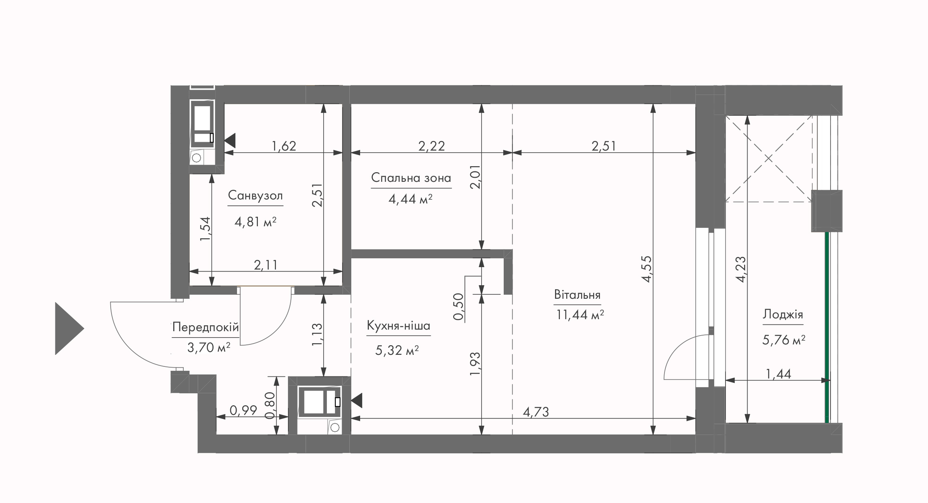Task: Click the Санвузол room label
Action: pos(255,196)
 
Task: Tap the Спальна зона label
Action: pos(411,178)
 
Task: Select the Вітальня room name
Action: pos(577,295)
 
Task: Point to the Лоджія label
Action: pos(783,314)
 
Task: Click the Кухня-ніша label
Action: pos(398,326)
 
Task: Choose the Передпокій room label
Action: pos(205,328)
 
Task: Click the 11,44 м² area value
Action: pos(580,315)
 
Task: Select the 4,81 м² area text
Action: pos(255,222)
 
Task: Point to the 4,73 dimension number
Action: pos(536,412)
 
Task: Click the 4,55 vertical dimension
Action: pos(647,269)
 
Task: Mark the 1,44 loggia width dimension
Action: pos(778,374)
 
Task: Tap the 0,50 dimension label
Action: pos(458,307)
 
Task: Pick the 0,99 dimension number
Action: pos(243,410)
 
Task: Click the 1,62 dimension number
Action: pos(284,146)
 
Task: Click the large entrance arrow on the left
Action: pos(69,328)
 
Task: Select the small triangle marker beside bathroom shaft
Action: pos(230,141)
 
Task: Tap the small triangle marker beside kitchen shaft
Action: pos(357,400)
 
